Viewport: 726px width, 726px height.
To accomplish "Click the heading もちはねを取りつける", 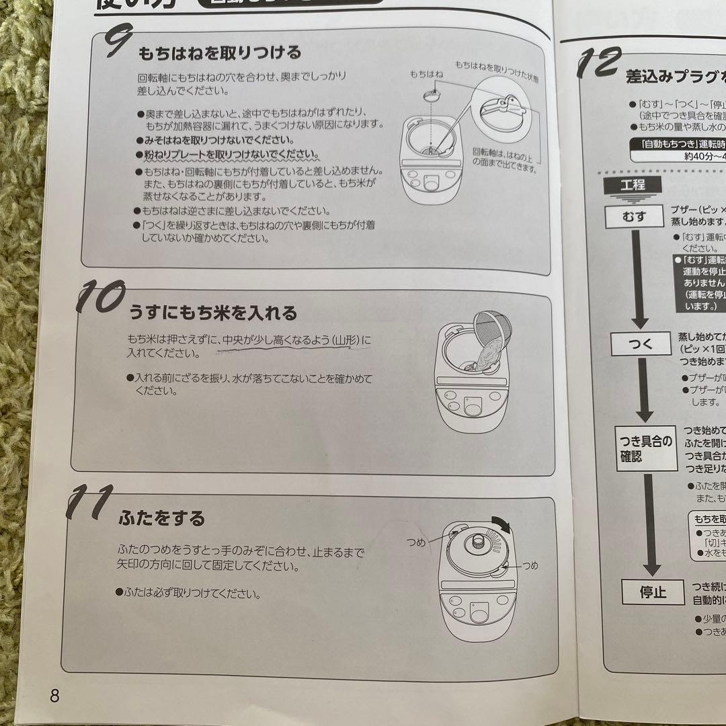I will tap(220, 53).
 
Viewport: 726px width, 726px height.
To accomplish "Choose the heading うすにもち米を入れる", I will tap(213, 313).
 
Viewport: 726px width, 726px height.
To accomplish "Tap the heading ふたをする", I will tap(162, 518).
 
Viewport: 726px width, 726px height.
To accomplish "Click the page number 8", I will tap(54, 695).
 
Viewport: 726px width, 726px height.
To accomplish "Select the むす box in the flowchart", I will tap(634, 216).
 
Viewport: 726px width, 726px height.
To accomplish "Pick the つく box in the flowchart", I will tap(641, 344).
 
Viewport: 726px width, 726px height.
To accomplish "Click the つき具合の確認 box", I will tap(646, 448).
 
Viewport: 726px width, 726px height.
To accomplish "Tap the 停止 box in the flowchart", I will tap(652, 592).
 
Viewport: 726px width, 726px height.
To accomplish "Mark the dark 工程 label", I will tap(633, 184).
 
